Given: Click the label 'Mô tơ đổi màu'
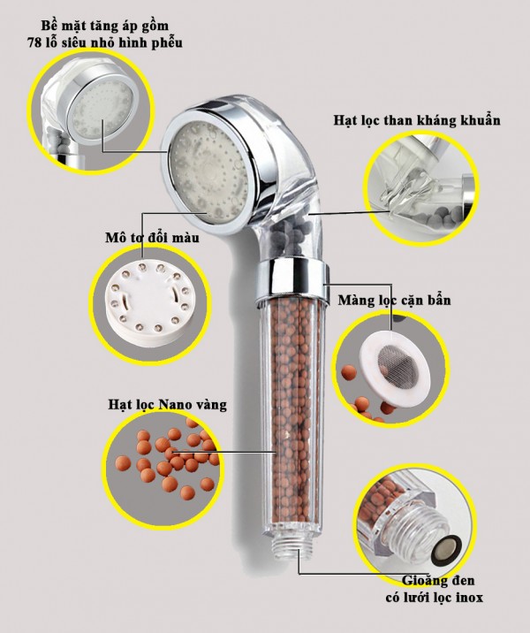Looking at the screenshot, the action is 152,237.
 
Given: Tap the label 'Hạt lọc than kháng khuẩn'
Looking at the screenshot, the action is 417,120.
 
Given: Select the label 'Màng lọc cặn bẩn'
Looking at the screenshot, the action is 394,301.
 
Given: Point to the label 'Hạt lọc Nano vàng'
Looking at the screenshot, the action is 167,405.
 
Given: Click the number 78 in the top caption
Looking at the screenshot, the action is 34,42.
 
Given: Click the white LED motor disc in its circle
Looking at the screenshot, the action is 144,301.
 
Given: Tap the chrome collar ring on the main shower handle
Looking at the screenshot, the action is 291,278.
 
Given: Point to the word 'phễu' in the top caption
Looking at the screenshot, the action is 167,42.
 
